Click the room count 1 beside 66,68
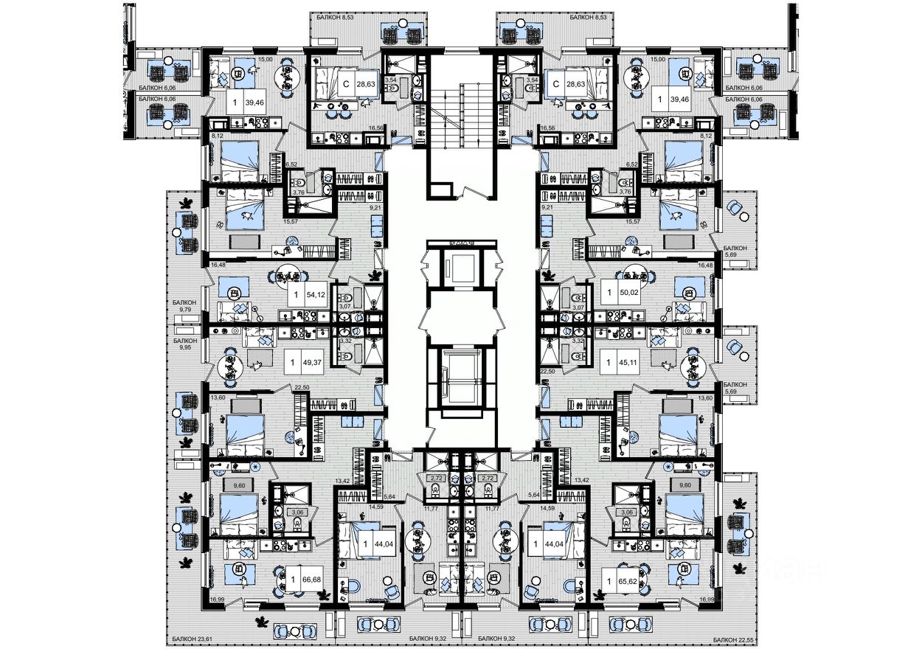[x=294, y=579]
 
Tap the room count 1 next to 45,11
[x=609, y=363]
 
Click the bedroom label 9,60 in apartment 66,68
[x=218, y=485]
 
